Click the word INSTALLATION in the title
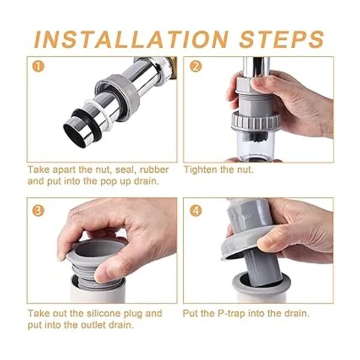coord(131,40)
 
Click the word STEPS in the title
coord(281,40)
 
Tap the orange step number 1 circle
coord(38,67)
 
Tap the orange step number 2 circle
coord(196,67)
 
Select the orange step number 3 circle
coord(38,211)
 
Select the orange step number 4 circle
coord(196,211)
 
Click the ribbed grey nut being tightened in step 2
coord(256,120)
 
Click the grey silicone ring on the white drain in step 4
coord(260,284)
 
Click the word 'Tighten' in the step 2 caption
coord(200,170)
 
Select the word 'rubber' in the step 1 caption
coord(154,170)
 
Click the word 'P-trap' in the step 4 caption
coord(232,314)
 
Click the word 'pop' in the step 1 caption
coord(109,182)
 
